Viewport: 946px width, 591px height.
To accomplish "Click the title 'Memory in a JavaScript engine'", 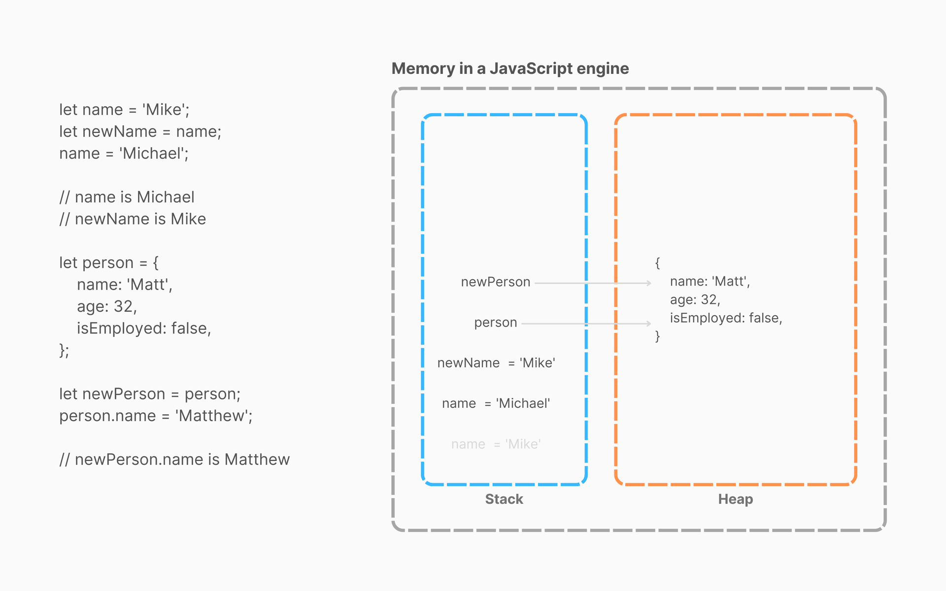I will tap(510, 68).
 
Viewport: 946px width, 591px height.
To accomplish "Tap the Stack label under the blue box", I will tap(504, 499).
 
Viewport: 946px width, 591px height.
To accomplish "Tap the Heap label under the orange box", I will tap(735, 499).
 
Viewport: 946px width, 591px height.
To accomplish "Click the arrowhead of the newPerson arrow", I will tap(649, 283).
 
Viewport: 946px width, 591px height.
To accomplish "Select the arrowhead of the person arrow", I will tap(649, 324).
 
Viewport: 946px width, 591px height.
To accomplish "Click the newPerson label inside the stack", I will tap(495, 282).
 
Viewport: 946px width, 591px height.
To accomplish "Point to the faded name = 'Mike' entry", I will tap(496, 444).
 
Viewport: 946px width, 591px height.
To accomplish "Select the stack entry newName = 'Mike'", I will tap(496, 363).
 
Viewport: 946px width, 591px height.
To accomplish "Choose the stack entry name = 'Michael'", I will tap(496, 403).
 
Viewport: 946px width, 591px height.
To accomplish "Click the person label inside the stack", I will tap(495, 323).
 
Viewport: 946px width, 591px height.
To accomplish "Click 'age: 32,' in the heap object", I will tap(695, 299).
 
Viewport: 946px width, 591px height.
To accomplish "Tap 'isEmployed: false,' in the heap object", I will tap(726, 318).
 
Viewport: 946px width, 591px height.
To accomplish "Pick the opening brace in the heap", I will tap(657, 263).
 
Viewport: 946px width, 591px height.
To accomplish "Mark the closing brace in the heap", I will tap(657, 336).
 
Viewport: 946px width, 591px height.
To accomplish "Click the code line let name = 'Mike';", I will tap(124, 110).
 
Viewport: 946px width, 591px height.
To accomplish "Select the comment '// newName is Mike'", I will tap(133, 219).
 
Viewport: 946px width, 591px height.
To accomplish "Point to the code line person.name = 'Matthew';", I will tap(156, 416).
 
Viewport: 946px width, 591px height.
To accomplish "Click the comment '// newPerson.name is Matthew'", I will tap(174, 460).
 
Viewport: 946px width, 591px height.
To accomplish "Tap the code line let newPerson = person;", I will tap(150, 394).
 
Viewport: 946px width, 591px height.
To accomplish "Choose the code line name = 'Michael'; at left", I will tap(124, 154).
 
